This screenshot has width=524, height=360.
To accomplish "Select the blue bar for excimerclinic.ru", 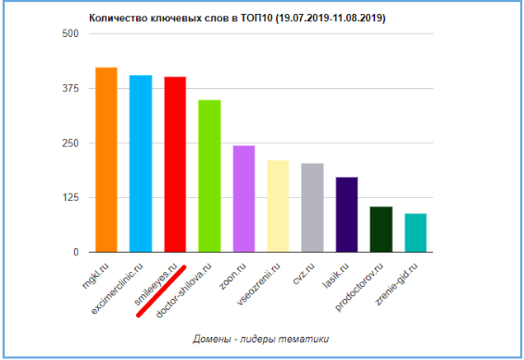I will (141, 164).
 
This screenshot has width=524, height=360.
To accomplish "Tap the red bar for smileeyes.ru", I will (175, 165).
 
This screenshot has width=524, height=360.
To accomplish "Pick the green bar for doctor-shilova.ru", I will (209, 176).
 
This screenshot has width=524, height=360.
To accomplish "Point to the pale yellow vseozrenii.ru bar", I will (278, 206).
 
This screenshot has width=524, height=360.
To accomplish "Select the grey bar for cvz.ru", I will (312, 207).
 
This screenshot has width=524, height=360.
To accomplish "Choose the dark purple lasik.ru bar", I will (346, 215).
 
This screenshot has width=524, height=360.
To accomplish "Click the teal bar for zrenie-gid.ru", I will (415, 233).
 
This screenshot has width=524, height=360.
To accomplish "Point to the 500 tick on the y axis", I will (70, 34).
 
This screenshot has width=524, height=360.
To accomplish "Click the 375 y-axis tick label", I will (70, 89).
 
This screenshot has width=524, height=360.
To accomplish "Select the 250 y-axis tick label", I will (70, 143).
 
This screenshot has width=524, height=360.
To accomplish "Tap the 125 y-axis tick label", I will (70, 198).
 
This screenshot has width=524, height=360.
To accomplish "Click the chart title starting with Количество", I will (236, 18).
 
